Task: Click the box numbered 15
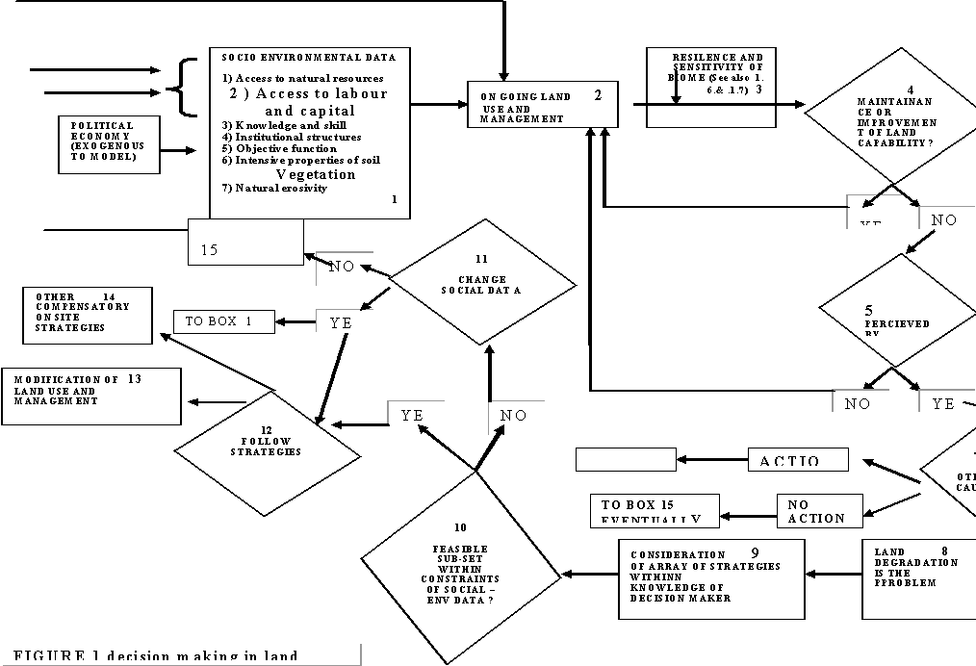[x=245, y=243]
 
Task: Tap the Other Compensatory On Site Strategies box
[x=87, y=315]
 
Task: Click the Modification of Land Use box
[x=91, y=396]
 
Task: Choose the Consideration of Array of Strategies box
[x=710, y=578]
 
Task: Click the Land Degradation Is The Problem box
[x=917, y=578]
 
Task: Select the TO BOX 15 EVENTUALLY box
[x=655, y=511]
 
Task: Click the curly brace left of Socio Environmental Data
[x=178, y=89]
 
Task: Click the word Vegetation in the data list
[x=316, y=174]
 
